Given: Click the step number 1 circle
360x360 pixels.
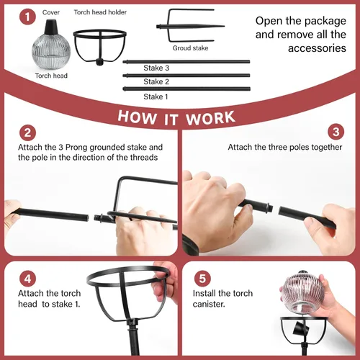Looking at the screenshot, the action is tap(27, 17).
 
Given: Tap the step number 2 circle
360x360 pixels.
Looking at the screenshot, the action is tap(27, 132).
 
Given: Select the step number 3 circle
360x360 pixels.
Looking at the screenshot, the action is tap(336, 132).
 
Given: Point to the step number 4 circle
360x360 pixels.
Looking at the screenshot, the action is tap(27, 279).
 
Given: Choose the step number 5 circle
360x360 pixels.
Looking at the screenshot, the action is tap(202, 279).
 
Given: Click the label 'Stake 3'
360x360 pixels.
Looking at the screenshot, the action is tap(156, 68).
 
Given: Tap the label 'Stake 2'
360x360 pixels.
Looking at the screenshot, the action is tap(156, 81).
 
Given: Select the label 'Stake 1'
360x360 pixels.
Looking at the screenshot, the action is tap(156, 96).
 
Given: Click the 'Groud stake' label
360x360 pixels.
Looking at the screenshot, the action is tap(190, 48).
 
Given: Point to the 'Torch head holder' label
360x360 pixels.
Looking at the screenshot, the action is tap(100, 12).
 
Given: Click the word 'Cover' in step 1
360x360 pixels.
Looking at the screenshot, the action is tap(51, 12).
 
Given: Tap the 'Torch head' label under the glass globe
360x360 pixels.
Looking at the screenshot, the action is tap(51, 76).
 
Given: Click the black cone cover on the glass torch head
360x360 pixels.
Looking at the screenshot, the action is tap(51, 27).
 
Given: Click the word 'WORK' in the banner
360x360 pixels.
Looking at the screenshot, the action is tap(210, 118).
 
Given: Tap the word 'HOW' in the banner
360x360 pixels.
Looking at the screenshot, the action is tap(137, 117).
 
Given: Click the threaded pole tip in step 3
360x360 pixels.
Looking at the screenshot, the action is tap(270, 207).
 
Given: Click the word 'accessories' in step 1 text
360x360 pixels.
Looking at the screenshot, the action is tap(317, 48).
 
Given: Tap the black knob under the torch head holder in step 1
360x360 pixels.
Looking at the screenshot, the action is tap(99, 62).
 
